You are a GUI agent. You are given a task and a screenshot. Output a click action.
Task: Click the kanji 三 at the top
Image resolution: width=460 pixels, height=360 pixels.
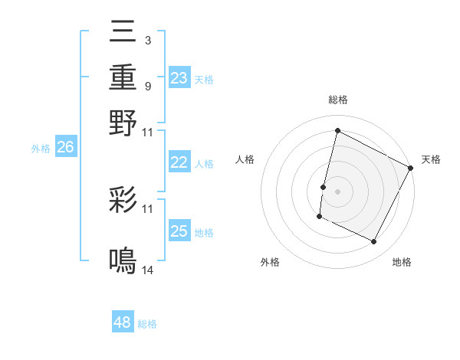coord(123,34)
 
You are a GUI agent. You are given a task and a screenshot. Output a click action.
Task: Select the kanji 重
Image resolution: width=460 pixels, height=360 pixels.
coord(123,77)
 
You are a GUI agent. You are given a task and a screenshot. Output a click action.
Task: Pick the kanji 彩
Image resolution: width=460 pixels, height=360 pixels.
coord(123,201)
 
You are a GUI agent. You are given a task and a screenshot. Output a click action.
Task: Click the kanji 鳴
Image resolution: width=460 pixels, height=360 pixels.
coord(123,261)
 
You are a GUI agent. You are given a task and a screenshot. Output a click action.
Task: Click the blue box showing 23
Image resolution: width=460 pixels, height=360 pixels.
coord(179,77)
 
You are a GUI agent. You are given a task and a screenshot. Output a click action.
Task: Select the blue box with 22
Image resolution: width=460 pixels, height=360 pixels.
coord(179,162)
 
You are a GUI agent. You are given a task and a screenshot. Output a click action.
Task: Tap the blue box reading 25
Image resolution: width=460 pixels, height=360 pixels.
coord(179,231)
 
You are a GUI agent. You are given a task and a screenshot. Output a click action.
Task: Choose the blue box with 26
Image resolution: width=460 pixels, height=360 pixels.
coord(65,148)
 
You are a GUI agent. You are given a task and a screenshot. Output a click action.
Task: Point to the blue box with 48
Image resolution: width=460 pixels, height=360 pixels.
coord(123,322)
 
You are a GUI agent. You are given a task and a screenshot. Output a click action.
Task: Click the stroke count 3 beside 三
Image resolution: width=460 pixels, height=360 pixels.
coord(147,40)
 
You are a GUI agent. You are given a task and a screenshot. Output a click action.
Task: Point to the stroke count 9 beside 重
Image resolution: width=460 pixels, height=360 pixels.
coord(147,86)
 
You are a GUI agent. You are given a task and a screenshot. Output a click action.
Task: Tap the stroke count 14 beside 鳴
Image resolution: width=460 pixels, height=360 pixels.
coord(147,270)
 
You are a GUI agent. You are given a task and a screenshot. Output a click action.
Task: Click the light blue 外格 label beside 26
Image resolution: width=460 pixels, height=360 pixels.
coord(41,149)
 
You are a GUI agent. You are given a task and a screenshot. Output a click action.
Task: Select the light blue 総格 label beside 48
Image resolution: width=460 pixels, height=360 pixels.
coord(147,324)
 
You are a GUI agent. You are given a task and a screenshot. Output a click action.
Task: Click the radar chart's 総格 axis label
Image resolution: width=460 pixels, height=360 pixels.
coord(337,100)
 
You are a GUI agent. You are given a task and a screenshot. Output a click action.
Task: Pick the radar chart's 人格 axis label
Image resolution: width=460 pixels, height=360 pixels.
coord(245,159)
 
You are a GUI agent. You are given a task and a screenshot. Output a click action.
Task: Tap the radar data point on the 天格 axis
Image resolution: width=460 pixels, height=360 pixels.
coord(411,168)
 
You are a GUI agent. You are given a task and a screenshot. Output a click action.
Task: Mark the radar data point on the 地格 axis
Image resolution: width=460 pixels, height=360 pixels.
coord(374,242)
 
